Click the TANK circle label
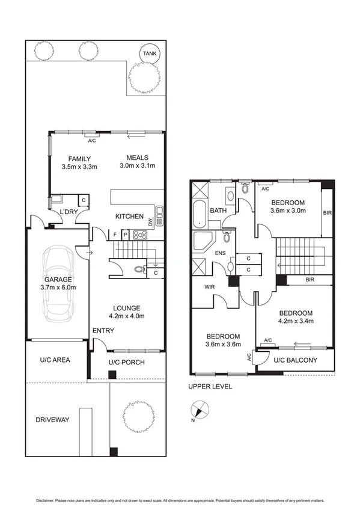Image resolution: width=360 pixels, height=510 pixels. (x=148, y=54)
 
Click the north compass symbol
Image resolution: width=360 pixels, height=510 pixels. (x=200, y=411)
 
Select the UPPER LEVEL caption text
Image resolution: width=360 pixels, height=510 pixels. (x=210, y=387)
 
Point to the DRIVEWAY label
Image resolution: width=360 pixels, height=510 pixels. (x=52, y=419)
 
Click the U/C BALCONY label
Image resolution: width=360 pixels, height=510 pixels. (x=295, y=360)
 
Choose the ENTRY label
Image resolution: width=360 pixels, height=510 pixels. (x=103, y=331)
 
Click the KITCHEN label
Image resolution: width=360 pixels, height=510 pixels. (x=130, y=217)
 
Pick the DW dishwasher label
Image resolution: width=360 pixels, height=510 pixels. (x=159, y=221)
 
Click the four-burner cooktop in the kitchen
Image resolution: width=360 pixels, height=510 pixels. (x=140, y=235)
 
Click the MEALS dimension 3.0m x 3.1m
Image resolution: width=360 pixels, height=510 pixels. (x=138, y=166)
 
